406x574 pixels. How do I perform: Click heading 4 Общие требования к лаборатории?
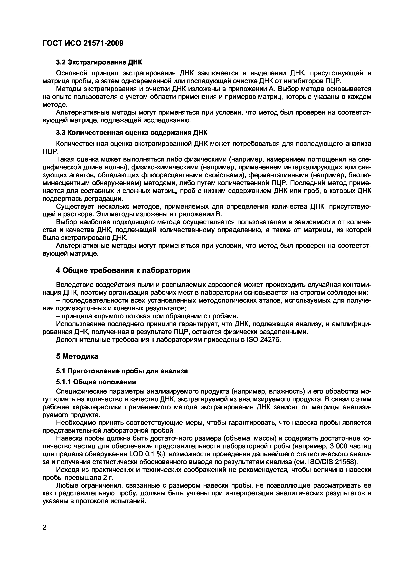(123, 270)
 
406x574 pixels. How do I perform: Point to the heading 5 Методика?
(77, 356)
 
